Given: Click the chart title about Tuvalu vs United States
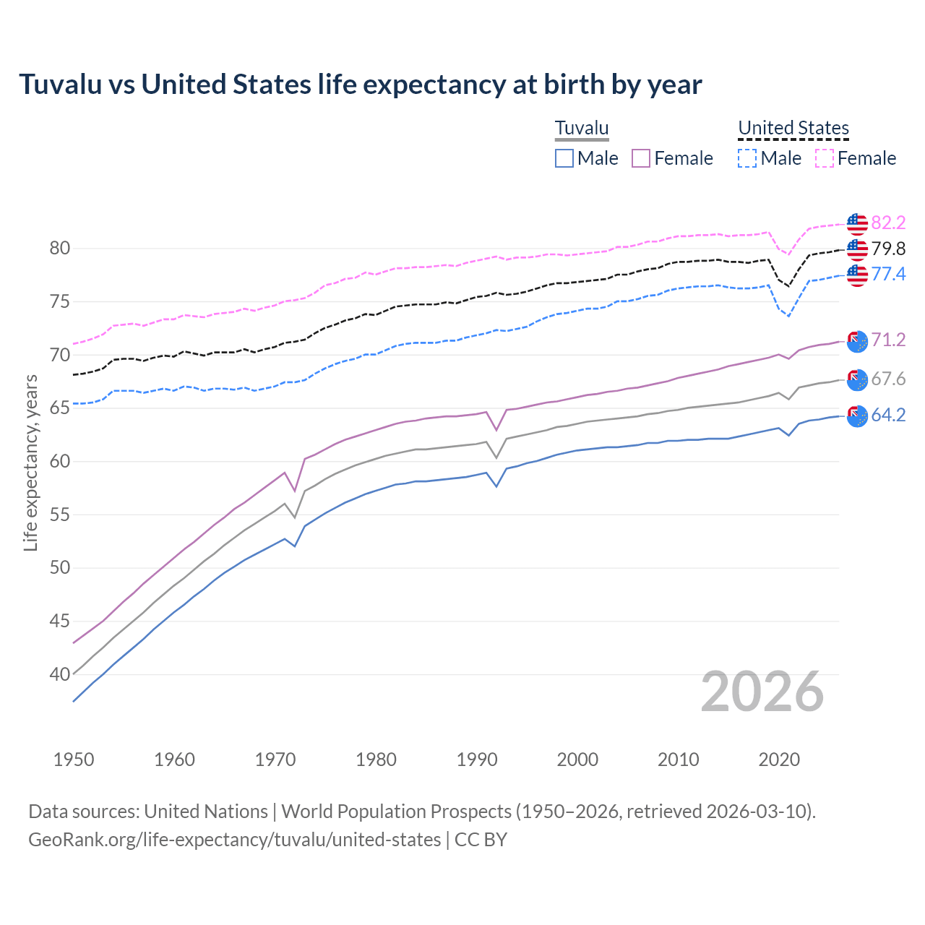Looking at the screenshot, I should pos(360,85).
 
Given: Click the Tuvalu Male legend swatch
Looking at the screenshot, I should pos(564,158).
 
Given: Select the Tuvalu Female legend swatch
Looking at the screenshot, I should pos(641,158).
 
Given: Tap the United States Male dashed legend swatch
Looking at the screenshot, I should pos(747,158).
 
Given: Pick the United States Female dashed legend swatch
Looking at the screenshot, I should pos(825,158).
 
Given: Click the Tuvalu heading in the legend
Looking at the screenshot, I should pos(582,129).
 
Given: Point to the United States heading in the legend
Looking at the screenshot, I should pos(793,129).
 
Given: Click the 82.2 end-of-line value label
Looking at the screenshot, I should pos(888,223).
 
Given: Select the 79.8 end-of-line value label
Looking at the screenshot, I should pos(888,249).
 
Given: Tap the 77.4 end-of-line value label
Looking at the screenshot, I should pos(888,275).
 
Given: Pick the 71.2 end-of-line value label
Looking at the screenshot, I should pos(888,340).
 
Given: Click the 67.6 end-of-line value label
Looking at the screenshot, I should pos(888,379).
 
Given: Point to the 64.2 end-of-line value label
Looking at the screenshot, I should pos(888,416).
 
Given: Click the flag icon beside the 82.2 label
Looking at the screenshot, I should pos(857,224).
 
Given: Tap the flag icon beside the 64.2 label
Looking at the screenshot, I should pos(857,416).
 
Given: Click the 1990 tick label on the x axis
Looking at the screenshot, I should pos(477,760).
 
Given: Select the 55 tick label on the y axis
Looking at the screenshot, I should pos(60,515).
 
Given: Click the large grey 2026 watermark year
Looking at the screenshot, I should pos(762,692).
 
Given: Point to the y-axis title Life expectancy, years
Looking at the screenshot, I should pos(31,462).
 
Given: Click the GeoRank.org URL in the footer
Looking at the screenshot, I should pos(235,840).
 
